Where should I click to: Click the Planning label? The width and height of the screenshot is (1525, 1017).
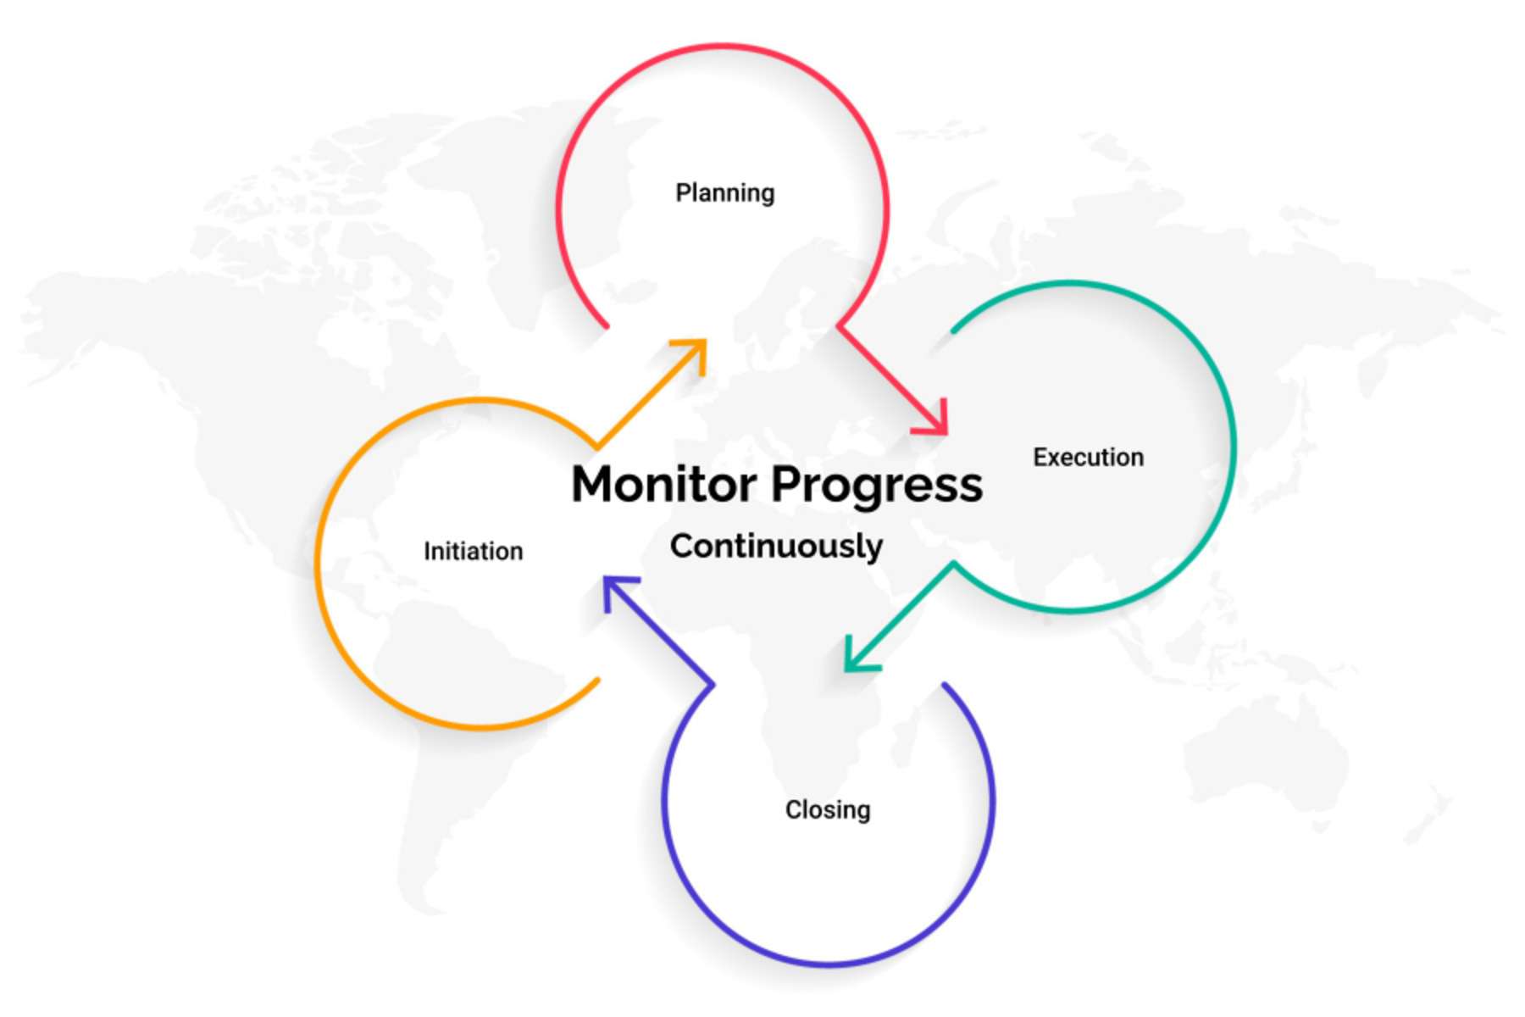pyautogui.click(x=724, y=193)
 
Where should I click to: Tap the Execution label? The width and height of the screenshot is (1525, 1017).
pyautogui.click(x=1088, y=458)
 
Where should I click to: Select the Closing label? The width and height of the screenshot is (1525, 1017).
pyautogui.click(x=828, y=810)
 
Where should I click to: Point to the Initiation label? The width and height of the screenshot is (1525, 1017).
pyautogui.click(x=473, y=552)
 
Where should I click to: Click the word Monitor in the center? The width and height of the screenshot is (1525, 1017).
pyautogui.click(x=664, y=485)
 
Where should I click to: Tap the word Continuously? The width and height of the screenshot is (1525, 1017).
pyautogui.click(x=776, y=547)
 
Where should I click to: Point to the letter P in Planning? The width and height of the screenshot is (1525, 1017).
pyautogui.click(x=682, y=193)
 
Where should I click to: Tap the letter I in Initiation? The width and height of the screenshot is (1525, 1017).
pyautogui.click(x=427, y=552)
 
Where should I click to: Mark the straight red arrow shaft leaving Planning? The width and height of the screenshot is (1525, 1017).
pyautogui.click(x=885, y=373)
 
